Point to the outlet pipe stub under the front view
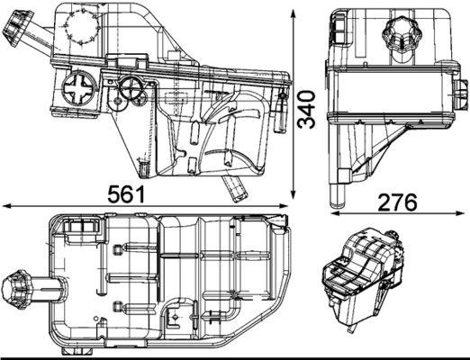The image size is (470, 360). click(237, 188)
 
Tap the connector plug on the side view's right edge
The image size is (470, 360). click(461, 93)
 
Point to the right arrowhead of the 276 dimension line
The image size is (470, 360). click(465, 214)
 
